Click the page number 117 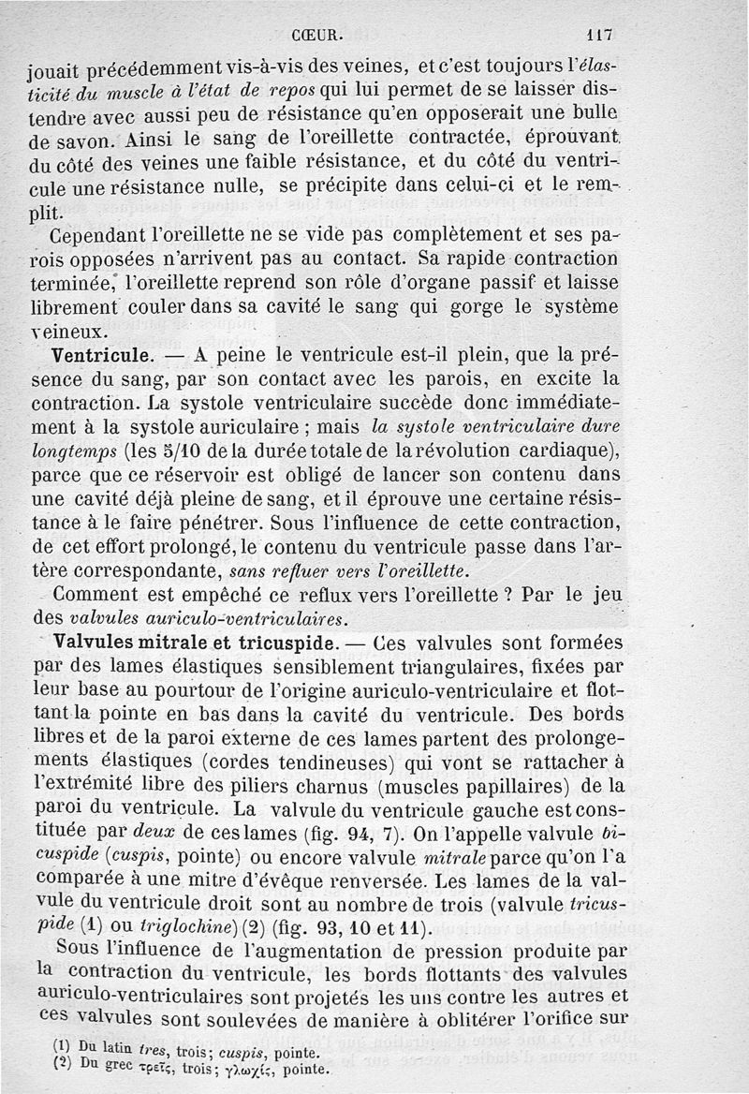(x=597, y=35)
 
